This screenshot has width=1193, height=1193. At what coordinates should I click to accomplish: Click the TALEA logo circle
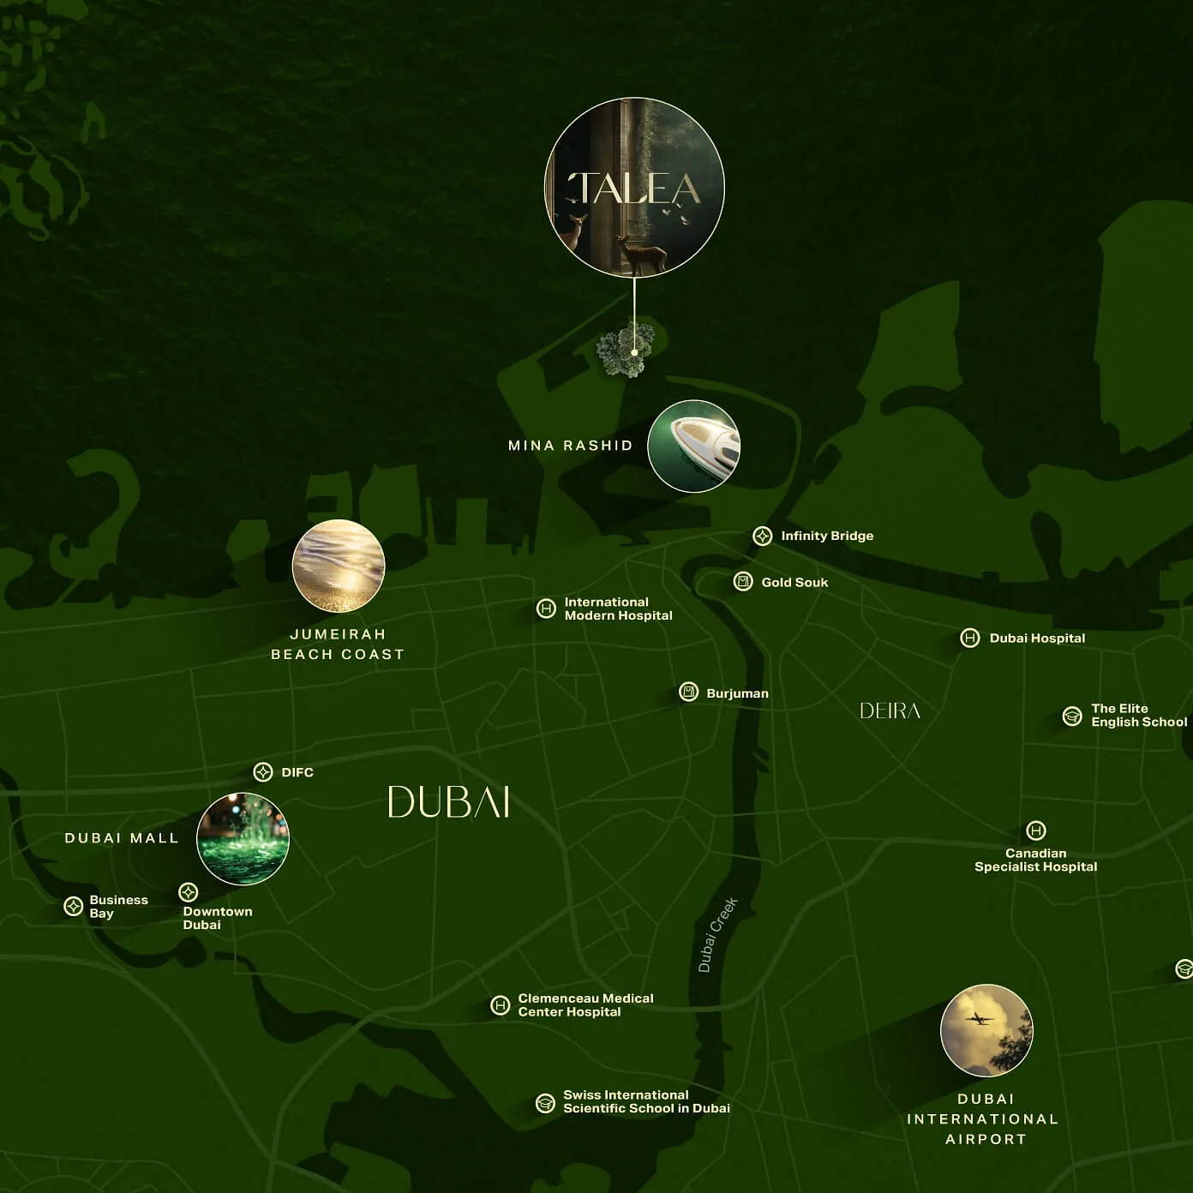(x=634, y=188)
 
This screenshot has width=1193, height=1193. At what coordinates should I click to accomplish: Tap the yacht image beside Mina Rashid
(x=693, y=446)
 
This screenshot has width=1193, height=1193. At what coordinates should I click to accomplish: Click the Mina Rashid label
(x=570, y=446)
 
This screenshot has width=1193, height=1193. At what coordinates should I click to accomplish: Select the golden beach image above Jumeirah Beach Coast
(x=339, y=566)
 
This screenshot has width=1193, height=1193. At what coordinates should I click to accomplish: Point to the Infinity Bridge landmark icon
(x=762, y=537)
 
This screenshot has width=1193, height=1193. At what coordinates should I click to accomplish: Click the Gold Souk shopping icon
(x=743, y=582)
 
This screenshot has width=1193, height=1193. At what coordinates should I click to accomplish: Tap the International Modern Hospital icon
(x=546, y=608)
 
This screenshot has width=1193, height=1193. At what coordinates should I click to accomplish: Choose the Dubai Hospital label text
(x=1037, y=638)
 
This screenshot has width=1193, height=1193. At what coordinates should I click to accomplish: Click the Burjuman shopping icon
(x=688, y=692)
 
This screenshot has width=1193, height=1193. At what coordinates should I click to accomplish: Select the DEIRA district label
(x=890, y=710)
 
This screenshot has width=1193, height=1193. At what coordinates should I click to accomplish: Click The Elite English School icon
(x=1072, y=716)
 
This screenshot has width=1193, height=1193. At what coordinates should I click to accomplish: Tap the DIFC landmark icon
(x=263, y=772)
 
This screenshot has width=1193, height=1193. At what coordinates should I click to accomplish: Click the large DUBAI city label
(x=449, y=802)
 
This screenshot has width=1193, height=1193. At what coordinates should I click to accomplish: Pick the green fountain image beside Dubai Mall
(x=243, y=838)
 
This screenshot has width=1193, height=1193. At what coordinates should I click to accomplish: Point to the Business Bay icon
(x=74, y=907)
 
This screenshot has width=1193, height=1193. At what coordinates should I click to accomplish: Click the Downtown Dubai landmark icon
(x=189, y=893)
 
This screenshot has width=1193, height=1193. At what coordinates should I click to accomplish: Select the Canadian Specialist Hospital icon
(x=1035, y=830)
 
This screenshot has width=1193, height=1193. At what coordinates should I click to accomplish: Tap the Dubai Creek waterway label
(x=717, y=934)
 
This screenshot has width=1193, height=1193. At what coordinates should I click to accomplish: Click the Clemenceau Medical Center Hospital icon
(x=500, y=1005)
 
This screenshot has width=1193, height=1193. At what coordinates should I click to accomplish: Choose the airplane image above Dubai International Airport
(x=986, y=1030)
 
